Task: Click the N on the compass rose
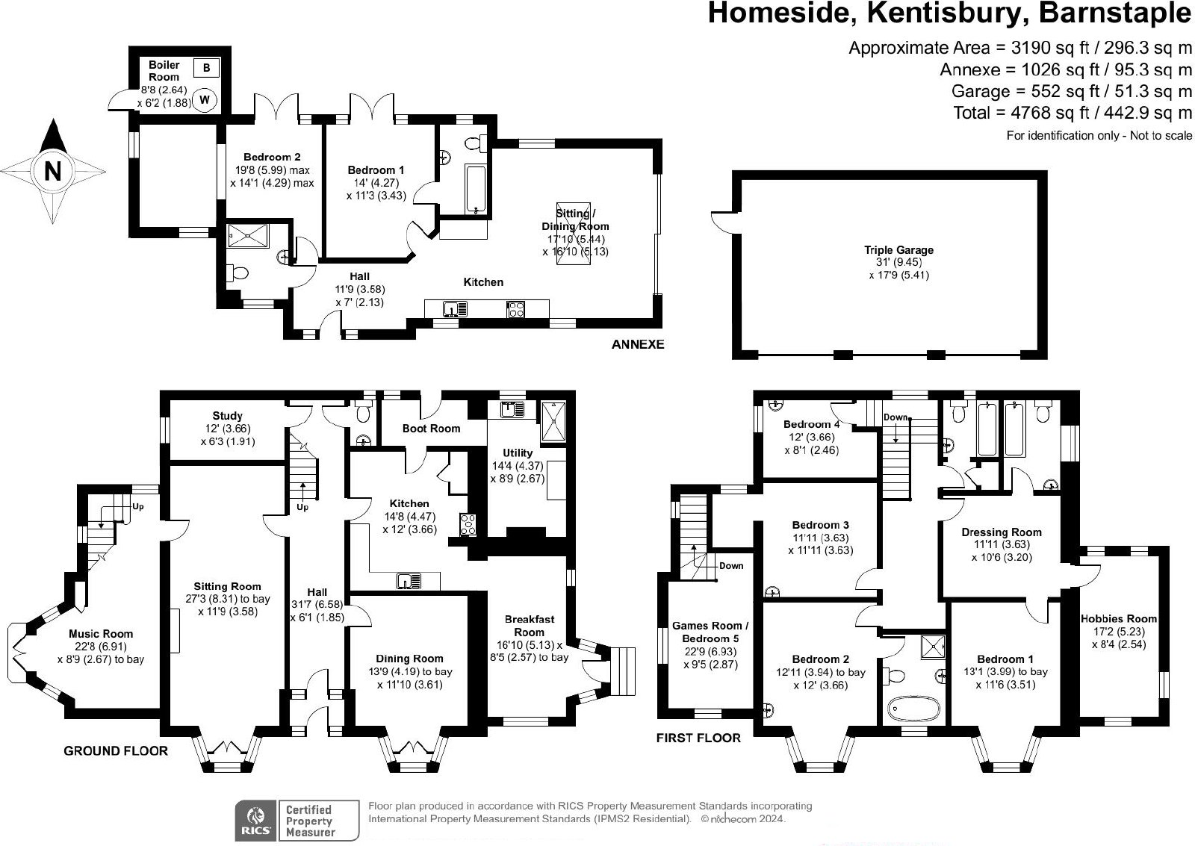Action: tap(52, 171)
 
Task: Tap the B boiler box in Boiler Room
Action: tap(206, 68)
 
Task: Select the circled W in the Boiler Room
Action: tap(205, 100)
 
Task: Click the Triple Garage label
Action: tap(899, 249)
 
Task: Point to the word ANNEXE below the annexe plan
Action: tap(638, 344)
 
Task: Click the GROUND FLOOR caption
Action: tap(116, 751)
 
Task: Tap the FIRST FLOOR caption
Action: tap(698, 738)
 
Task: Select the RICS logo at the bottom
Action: tap(257, 821)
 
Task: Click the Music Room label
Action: tap(101, 634)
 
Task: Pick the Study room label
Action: tap(227, 415)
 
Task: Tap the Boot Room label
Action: tap(431, 429)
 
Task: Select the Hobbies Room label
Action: tap(1119, 619)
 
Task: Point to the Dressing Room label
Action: tap(1002, 532)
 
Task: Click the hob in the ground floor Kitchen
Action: tap(468, 525)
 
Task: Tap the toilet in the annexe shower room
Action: tap(238, 273)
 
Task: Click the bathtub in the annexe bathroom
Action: tap(475, 189)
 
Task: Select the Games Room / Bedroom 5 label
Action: tap(710, 632)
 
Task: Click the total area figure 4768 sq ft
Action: tap(1043, 113)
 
